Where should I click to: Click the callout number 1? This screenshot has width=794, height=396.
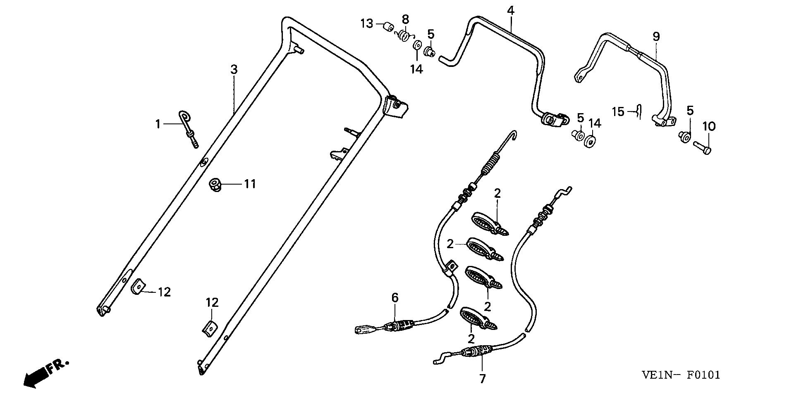pos(158,124)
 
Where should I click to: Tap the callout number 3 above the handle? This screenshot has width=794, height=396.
pos(234,70)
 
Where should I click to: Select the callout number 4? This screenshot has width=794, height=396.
pos(511,11)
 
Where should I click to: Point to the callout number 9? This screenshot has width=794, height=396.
pos(656,37)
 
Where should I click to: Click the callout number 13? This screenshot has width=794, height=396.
pos(367,24)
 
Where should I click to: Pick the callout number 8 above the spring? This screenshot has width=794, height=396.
pos(405,19)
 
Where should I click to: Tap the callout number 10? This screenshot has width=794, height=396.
pos(709,126)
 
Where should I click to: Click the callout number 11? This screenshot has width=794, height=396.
pos(249,184)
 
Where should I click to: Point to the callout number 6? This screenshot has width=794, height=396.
pos(395,297)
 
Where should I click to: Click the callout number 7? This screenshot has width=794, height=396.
pos(483,379)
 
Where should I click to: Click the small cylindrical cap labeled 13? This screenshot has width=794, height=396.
pos(388,27)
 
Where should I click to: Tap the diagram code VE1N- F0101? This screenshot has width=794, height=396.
pos(681,375)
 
